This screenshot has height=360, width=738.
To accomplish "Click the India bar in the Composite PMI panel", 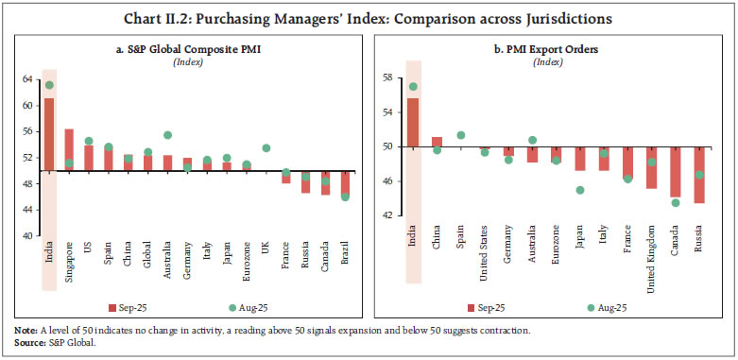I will coord(48,134).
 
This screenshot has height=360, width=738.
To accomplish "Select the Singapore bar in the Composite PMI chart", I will coord(69,149).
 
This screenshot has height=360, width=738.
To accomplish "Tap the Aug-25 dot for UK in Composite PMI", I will coord(266,148).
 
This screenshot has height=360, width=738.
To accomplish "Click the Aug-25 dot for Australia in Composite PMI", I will coord(167,135).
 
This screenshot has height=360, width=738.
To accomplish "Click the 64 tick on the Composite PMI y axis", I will coord(26,80).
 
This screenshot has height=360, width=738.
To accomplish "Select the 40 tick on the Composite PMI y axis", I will coord(26,235).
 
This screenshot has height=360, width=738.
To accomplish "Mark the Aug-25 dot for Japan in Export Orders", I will coord(579,190).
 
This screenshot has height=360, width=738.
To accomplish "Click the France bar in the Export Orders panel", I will coord(627,162).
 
